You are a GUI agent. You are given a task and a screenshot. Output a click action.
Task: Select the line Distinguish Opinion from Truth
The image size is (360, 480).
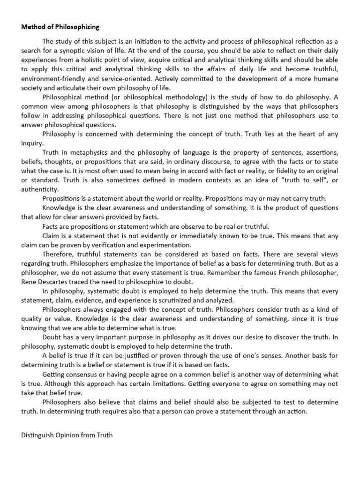tap(67, 435)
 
